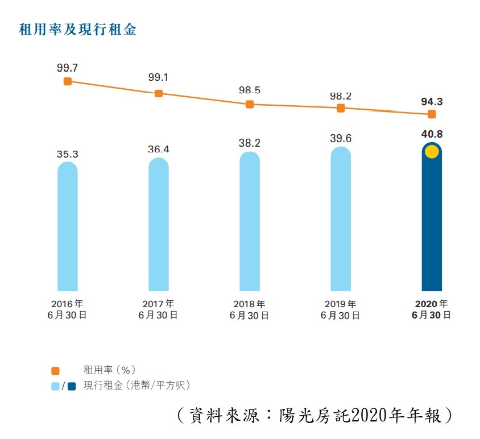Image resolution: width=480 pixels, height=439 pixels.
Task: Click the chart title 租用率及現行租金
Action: pyautogui.click(x=78, y=30)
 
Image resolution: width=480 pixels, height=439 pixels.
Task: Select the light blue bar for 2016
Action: pyautogui.click(x=68, y=227)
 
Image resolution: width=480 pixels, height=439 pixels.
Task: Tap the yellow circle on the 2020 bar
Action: pyautogui.click(x=432, y=152)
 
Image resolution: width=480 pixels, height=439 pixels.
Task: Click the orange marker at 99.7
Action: pyautogui.click(x=68, y=81)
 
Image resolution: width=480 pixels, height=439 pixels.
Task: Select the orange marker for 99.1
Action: pyautogui.click(x=159, y=93)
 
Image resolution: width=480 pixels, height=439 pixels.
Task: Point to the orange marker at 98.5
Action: pyautogui.click(x=250, y=105)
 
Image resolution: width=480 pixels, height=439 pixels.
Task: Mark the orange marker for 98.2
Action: pyautogui.click(x=341, y=108)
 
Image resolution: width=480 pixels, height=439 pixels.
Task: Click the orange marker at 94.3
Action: pyautogui.click(x=432, y=114)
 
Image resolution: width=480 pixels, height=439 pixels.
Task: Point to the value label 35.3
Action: pyautogui.click(x=68, y=153)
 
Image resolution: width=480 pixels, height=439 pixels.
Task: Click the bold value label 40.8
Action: pyautogui.click(x=432, y=135)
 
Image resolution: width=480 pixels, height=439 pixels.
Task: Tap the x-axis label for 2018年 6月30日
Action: pyautogui.click(x=250, y=309)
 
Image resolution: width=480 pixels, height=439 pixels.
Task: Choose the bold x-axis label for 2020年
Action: pyautogui.click(x=432, y=304)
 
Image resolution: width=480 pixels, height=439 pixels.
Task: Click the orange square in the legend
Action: pyautogui.click(x=56, y=371)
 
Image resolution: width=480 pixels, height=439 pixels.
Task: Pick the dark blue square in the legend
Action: pyautogui.click(x=72, y=386)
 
